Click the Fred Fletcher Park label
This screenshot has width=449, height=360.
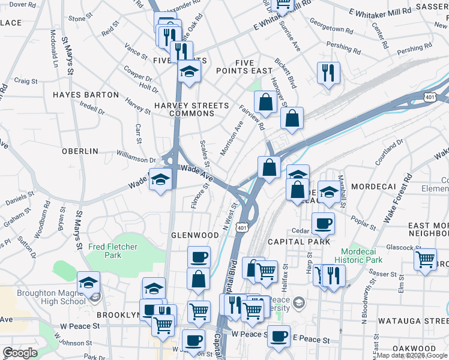coord(113,251)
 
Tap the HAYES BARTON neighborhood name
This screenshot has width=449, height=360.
coord(86,95)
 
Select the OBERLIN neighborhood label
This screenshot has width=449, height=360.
coord(80,151)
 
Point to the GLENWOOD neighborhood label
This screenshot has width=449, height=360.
coord(195,235)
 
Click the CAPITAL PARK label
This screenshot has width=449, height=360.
coord(299,242)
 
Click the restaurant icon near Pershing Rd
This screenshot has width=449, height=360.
coord(328,73)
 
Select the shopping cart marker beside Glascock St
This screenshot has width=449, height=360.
coord(426,260)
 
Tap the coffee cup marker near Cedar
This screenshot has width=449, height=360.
coord(323,224)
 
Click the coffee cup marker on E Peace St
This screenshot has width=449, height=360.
coord(278,337)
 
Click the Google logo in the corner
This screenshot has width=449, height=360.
coord(20,353)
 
